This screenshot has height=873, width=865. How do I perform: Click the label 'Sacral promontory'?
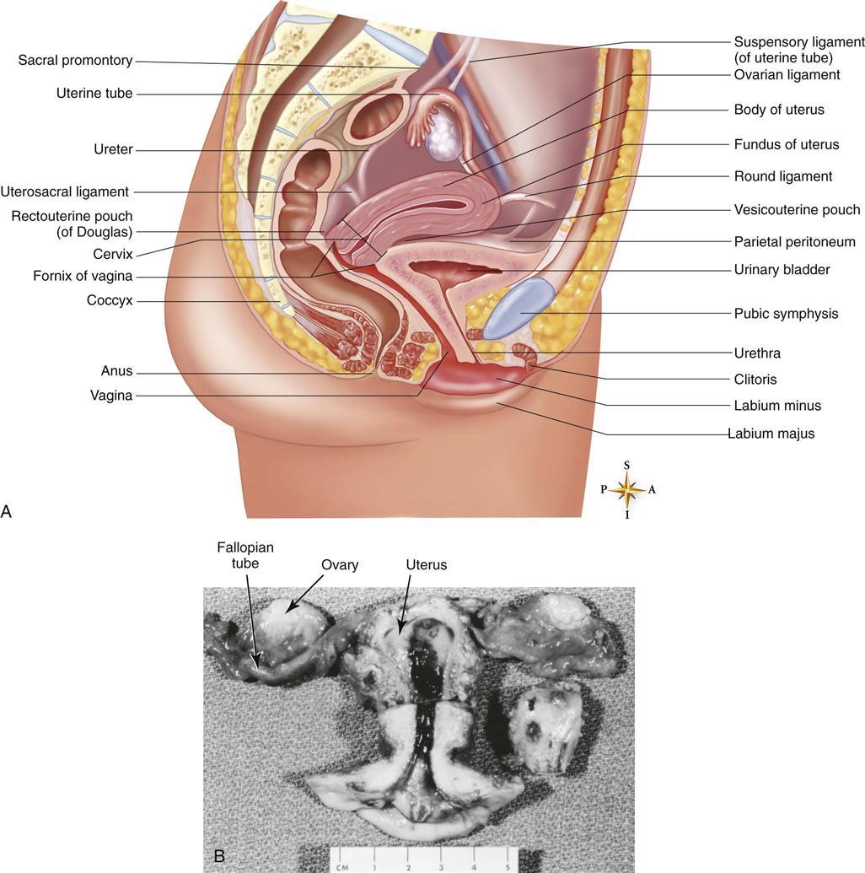[x=75, y=60]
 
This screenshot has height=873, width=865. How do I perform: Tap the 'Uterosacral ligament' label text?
[x=65, y=191]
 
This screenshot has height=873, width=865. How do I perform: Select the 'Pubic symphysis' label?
[x=786, y=314]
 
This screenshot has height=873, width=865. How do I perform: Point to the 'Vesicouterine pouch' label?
[x=797, y=210]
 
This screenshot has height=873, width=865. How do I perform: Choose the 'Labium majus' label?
[x=771, y=434]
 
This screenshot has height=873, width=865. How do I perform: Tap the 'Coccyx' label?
[x=110, y=300]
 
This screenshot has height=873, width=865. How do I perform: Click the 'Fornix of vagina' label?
[x=83, y=276]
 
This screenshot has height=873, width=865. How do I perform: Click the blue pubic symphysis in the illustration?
[x=518, y=308]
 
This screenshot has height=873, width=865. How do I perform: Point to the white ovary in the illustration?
[x=443, y=134]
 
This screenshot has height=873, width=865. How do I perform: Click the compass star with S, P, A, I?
[x=627, y=490]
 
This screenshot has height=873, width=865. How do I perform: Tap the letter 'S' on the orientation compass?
[x=626, y=466]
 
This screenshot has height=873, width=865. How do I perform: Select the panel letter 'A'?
[x=6, y=511]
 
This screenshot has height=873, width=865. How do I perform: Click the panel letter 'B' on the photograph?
[x=219, y=855]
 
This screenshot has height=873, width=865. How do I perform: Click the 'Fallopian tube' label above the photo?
[x=245, y=555]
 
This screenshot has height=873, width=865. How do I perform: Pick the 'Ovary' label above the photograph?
[x=340, y=565]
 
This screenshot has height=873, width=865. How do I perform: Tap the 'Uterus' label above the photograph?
[x=427, y=565]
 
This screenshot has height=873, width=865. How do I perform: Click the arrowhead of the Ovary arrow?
[x=288, y=611]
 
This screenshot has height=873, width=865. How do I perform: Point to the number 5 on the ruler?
[x=507, y=867]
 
